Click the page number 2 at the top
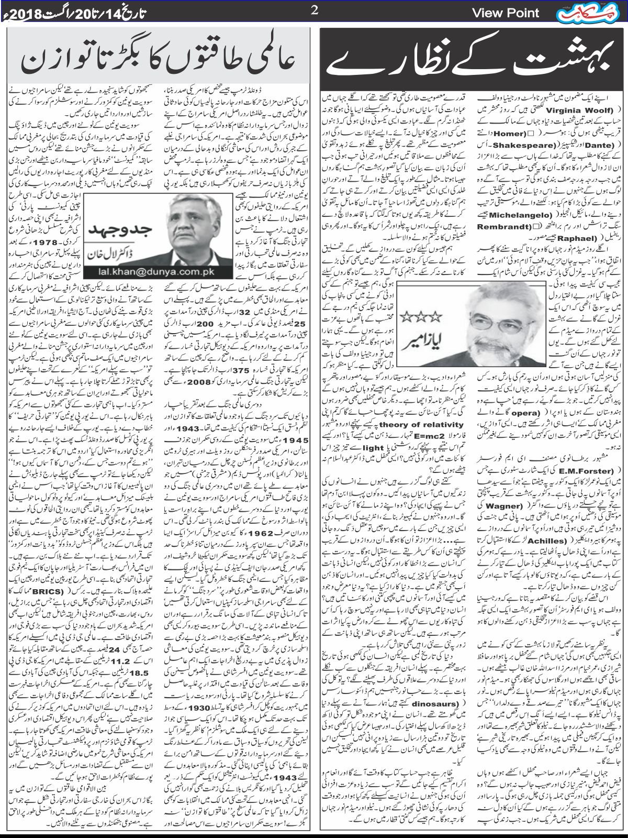click(315, 11)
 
